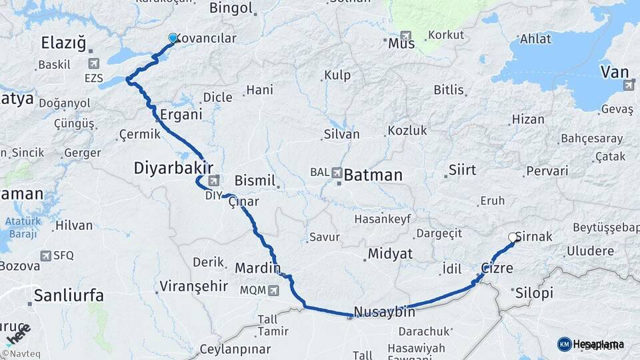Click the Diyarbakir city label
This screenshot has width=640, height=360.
173,168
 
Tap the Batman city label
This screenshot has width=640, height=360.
373,175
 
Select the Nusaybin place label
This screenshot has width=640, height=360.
385,311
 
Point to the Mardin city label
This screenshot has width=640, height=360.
257,269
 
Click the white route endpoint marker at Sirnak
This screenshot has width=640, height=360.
513,237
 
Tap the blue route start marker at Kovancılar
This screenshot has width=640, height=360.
173,39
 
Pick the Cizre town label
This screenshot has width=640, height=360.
497,268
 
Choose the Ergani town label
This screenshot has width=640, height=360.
181,114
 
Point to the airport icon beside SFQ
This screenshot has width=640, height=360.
45,255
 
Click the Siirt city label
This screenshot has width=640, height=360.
462,169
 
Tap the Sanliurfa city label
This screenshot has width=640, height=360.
69,295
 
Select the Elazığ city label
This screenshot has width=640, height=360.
63,44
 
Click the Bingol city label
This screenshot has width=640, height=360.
231,9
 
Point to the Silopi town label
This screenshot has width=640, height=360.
534,292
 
